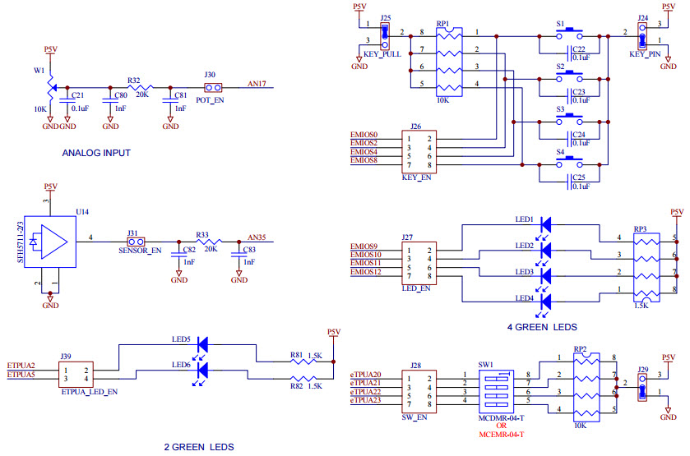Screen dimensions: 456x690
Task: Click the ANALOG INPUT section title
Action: pyautogui.click(x=95, y=153)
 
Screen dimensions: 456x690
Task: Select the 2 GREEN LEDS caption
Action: pyautogui.click(x=199, y=447)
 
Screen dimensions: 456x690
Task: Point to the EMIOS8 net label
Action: pyautogui.click(x=364, y=160)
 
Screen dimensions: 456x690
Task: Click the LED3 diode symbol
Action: pyautogui.click(x=545, y=275)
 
